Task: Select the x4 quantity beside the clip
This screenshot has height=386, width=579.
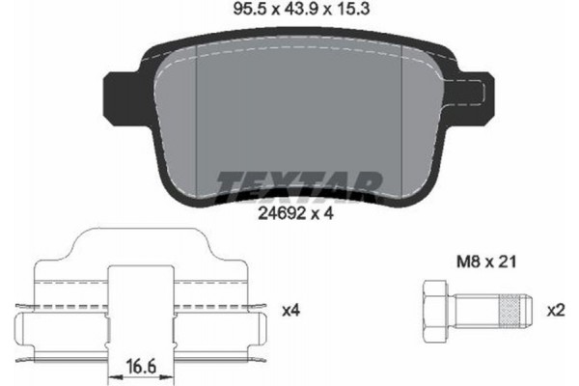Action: point(289,310)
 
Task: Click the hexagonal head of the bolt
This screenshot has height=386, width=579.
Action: point(435,309)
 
